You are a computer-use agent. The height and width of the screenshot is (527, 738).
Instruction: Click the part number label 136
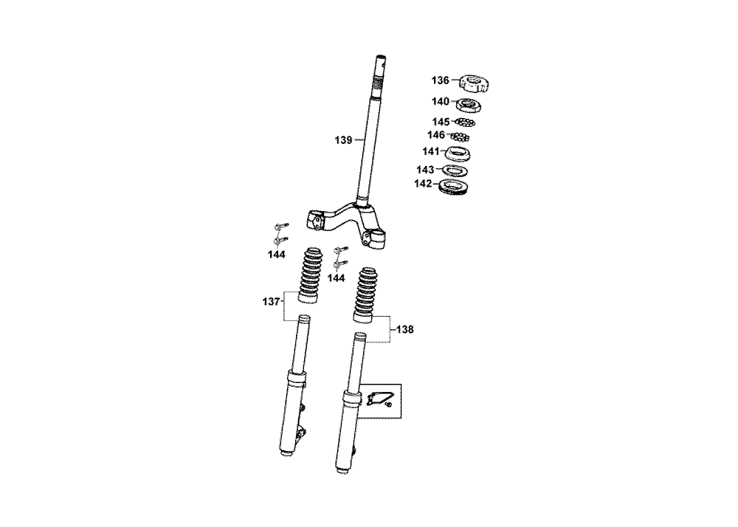coord(441,80)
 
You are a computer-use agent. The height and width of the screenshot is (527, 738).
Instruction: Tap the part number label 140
coord(441,102)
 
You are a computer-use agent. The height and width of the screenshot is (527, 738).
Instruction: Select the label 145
coord(441,123)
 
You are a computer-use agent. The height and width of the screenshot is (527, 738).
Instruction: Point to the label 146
coord(436,136)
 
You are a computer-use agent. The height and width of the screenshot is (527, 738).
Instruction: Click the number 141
coord(431,151)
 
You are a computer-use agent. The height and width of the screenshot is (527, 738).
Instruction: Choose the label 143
coord(425,170)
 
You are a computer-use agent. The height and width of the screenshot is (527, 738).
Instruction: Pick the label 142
coord(423,184)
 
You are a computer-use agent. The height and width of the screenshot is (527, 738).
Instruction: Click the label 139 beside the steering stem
coord(344,140)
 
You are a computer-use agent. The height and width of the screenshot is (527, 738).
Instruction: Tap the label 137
coord(271,302)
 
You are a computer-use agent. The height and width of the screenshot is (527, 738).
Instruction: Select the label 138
coord(404,330)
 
